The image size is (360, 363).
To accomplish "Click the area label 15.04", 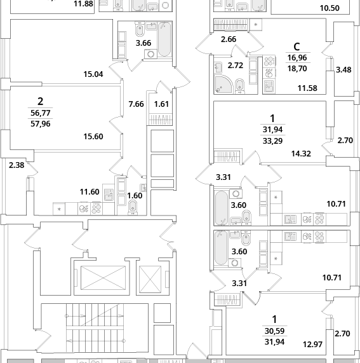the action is click(93, 74).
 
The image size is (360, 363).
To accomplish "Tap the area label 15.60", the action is click(93, 137).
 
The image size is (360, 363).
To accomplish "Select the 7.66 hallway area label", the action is click(136, 104).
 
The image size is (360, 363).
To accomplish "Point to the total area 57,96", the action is click(41, 124).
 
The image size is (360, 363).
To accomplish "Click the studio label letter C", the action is click(297, 47).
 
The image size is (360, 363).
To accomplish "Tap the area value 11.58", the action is click(307, 88).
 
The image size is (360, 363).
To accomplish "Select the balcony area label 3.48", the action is click(343, 70).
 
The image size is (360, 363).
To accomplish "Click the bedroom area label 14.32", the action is click(301, 153).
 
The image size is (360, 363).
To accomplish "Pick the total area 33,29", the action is click(272, 140).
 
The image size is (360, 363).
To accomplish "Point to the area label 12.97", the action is click(312, 345).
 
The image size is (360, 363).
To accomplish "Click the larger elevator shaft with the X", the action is click(103, 278).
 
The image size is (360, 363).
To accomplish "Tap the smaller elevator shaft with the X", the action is click(150, 279).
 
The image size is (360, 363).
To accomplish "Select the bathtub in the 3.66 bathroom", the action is click(164, 39).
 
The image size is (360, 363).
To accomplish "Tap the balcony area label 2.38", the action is click(17, 165).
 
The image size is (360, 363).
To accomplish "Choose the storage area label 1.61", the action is click(161, 104).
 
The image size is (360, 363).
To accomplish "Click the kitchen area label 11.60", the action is click(90, 192).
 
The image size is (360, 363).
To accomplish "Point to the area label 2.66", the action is click(229, 39).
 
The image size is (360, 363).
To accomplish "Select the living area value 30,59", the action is click(274, 331).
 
